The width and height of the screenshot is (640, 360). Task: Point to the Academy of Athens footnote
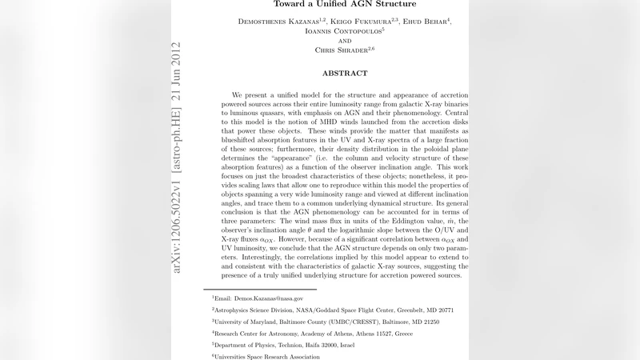click(x=312, y=333)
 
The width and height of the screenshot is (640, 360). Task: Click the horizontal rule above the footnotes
click(x=260, y=289)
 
